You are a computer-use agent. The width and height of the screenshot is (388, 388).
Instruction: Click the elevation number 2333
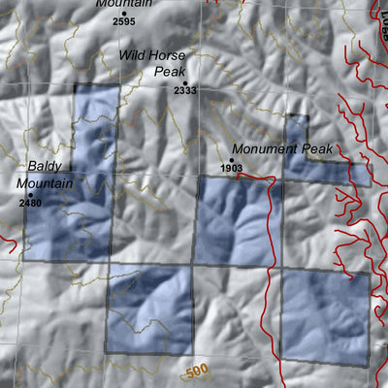(x=185, y=90)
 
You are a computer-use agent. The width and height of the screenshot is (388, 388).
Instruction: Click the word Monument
(x=260, y=150)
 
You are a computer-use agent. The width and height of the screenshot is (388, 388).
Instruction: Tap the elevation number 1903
(x=231, y=169)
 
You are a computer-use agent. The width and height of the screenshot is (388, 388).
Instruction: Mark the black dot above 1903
(x=232, y=160)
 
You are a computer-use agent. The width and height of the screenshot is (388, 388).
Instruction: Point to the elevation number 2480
(x=30, y=203)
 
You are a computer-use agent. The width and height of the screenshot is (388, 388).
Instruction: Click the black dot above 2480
(x=30, y=194)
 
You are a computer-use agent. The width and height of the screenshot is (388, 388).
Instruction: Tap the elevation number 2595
(x=124, y=19)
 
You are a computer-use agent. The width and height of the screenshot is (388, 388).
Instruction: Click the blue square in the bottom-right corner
(x=325, y=316)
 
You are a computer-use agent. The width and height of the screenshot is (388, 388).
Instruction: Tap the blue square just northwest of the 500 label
(x=148, y=308)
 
